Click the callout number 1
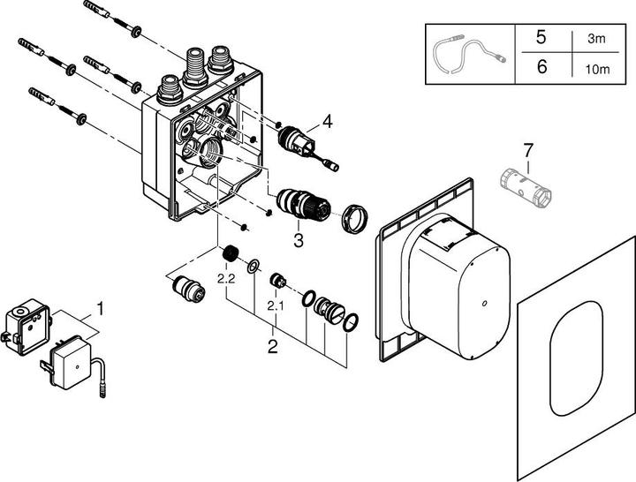pos(100,309)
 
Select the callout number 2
pos(273,345)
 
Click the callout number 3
pos(299,237)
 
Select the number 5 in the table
pos(541,39)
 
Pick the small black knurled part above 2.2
pos(232,255)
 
